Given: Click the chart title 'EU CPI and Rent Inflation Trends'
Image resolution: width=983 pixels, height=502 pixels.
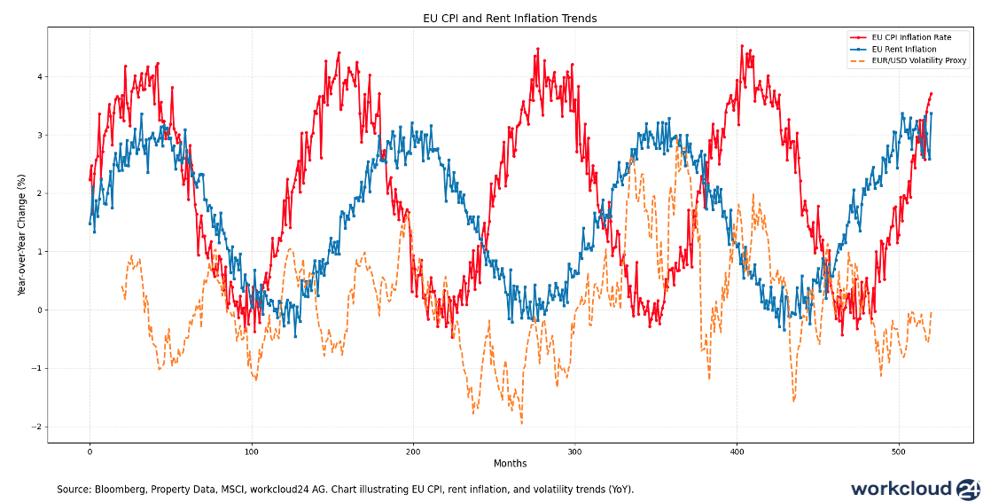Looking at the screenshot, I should (509, 18).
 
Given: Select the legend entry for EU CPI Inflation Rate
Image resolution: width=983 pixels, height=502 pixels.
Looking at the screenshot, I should (905, 36).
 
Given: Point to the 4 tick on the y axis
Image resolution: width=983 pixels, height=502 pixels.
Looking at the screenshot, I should (39, 77).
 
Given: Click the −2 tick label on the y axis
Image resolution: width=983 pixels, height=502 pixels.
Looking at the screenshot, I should (36, 427).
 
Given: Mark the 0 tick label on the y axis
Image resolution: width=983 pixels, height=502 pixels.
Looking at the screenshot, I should (39, 310).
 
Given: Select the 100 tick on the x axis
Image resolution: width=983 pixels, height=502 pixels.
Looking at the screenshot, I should (251, 451).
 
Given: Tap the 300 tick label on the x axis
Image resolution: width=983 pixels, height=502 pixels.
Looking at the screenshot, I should (574, 451).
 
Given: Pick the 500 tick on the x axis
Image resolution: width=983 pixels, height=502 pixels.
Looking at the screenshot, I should (898, 451).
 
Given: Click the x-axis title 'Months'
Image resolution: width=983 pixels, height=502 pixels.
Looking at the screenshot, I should (510, 463).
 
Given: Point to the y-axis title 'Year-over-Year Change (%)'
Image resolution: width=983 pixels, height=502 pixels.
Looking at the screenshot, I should (21, 235).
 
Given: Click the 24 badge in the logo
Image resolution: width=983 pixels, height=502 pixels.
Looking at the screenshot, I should (968, 489).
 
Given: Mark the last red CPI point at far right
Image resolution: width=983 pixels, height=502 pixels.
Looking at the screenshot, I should (931, 93).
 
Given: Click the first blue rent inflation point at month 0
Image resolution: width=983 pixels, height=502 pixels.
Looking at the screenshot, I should (90, 224).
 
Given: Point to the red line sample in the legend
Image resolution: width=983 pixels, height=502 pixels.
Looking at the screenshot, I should (858, 36).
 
